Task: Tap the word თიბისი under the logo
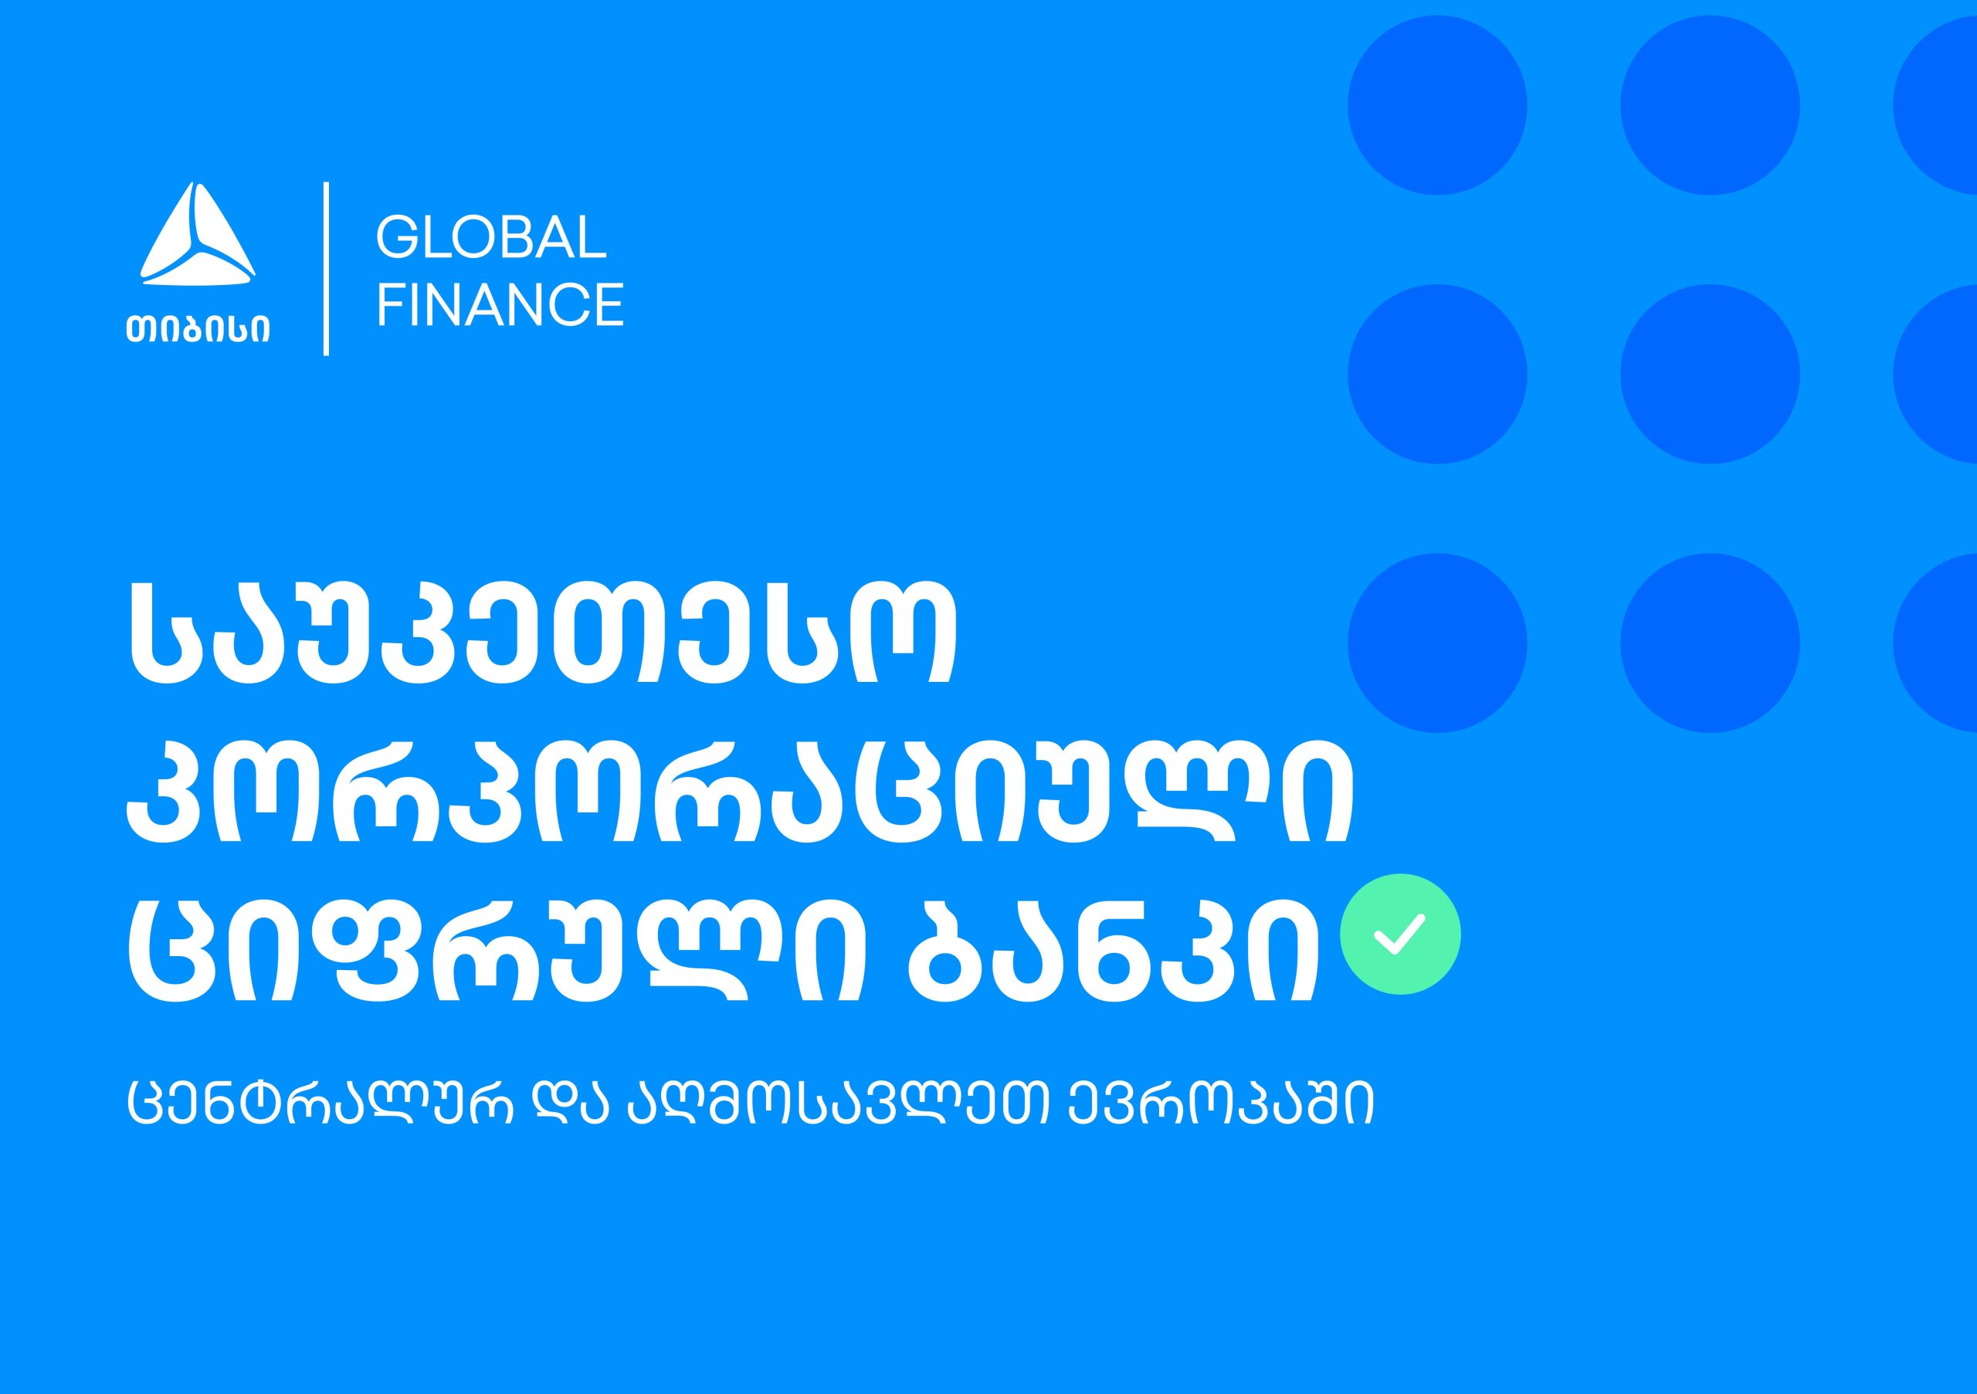(x=198, y=328)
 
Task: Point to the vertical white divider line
(x=327, y=269)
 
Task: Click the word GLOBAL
(x=492, y=237)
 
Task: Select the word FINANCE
(x=500, y=304)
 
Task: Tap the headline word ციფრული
(x=494, y=945)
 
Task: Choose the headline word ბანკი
(x=1113, y=945)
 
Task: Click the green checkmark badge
(x=1400, y=934)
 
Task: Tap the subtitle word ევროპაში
(x=1221, y=1106)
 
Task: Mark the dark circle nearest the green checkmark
(x=1437, y=643)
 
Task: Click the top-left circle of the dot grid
(x=1437, y=105)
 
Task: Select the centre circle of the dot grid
(x=1710, y=374)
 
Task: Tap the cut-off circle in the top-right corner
(x=1935, y=105)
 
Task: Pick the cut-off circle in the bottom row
(x=1935, y=643)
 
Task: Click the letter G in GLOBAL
(x=397, y=237)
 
